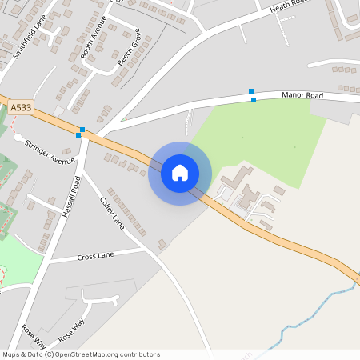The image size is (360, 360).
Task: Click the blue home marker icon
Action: coord(180,173)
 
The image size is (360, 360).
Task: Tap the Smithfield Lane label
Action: coord(29,41)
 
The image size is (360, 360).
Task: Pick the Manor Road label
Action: coord(302,95)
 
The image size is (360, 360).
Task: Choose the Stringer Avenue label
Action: coord(50,152)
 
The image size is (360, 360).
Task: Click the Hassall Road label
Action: coord(71,197)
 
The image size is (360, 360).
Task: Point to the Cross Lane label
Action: coord(95,256)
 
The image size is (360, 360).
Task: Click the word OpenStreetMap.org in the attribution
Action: coord(101,354)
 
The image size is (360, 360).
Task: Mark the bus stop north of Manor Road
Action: coord(250,91)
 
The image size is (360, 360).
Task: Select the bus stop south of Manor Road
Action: coord(254,100)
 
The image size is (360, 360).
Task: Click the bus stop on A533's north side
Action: coord(82,129)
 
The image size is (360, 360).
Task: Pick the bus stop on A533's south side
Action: coord(78,135)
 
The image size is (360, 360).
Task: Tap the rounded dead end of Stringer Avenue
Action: coord(18,137)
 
